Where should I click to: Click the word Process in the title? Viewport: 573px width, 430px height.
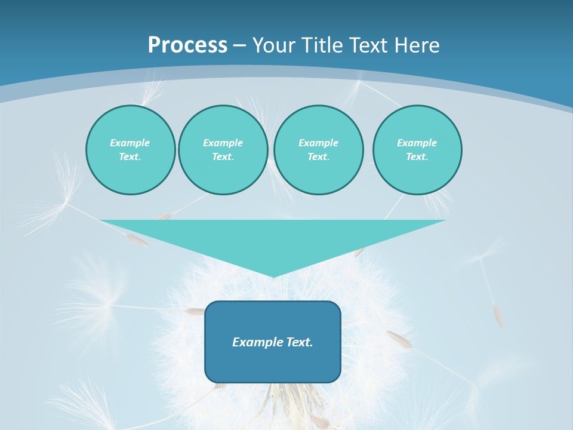pyautogui.click(x=187, y=45)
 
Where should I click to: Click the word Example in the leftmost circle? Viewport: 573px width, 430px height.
pyautogui.click(x=130, y=143)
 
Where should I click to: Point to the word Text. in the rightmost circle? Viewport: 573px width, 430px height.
pyautogui.click(x=417, y=157)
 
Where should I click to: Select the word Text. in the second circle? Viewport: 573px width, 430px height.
pyautogui.click(x=223, y=157)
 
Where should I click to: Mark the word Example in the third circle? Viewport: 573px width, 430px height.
pyautogui.click(x=319, y=143)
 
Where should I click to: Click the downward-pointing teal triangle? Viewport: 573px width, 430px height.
pyautogui.click(x=273, y=239)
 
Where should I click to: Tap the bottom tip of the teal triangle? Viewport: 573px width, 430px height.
pyautogui.click(x=273, y=275)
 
